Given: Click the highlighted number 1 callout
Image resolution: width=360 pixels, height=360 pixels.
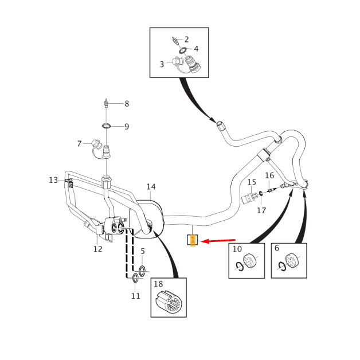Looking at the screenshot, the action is [x=193, y=240].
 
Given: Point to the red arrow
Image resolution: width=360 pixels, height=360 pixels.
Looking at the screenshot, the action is [x=218, y=241].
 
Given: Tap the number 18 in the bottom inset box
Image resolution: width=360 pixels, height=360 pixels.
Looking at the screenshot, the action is [x=158, y=284].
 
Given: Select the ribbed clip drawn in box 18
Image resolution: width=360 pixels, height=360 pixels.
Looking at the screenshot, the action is [x=169, y=303].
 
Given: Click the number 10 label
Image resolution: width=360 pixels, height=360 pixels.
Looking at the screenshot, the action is [x=237, y=249].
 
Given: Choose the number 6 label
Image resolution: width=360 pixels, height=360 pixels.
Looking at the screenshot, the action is [x=277, y=248].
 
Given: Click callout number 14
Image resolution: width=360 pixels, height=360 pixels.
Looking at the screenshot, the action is [x=151, y=187].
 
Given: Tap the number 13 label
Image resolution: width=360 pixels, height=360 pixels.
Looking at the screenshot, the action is [x=53, y=180].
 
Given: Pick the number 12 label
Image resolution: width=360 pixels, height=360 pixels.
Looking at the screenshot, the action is [x=98, y=249].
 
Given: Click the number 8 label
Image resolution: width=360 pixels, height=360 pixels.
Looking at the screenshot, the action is [x=127, y=104].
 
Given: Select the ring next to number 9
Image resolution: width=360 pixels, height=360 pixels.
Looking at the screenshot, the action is [x=106, y=126].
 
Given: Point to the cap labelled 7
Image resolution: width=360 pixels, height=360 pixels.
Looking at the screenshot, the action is [x=96, y=144].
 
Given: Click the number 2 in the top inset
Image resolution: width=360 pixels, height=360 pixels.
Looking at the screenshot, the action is [x=186, y=40].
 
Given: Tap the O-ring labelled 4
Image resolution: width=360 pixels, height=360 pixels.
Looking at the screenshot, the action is [x=183, y=50].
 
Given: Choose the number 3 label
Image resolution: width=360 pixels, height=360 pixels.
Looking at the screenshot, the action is [x=162, y=64].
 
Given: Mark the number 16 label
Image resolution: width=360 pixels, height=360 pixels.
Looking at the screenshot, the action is [x=269, y=175].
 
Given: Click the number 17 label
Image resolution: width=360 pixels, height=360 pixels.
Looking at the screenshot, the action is [x=261, y=210].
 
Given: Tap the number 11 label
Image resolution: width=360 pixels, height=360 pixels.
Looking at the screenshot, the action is [x=136, y=296].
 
